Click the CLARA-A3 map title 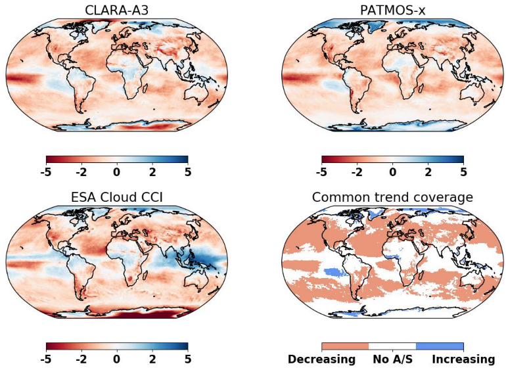[x=116, y=10]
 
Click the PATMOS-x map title [x=392, y=10]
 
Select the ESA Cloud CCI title [x=116, y=198]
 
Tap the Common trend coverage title [x=392, y=198]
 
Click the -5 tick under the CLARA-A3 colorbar [x=46, y=172]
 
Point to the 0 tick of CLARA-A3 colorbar [x=117, y=172]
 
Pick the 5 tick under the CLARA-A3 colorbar [x=188, y=172]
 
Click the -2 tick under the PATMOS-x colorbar [x=357, y=172]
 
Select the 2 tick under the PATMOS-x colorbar [x=428, y=172]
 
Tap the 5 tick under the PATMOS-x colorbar [x=464, y=172]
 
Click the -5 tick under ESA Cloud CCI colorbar [x=46, y=359]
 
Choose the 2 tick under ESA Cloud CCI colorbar [x=152, y=359]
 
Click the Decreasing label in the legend [x=321, y=359]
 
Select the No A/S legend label [x=392, y=359]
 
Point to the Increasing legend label [x=463, y=359]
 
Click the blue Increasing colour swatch [x=440, y=346]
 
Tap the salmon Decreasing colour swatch [x=345, y=346]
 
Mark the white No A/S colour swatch [x=392, y=346]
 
